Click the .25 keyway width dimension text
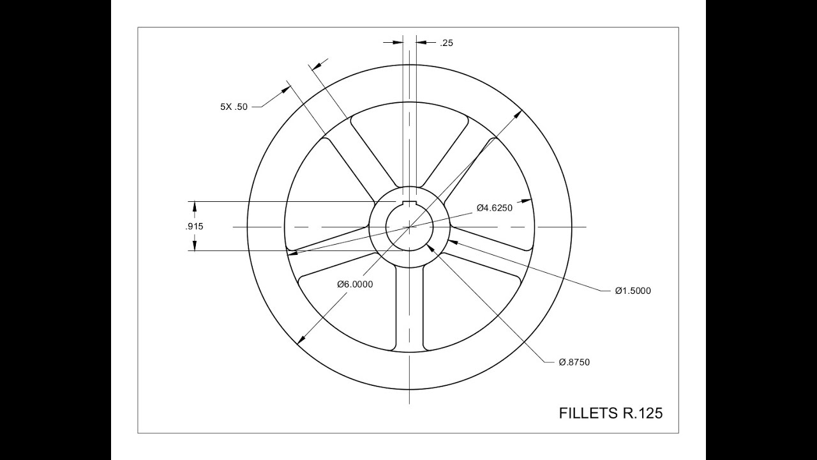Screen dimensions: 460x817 coord(446,43)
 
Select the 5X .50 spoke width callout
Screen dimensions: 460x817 coord(234,107)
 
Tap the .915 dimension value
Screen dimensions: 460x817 coord(194,227)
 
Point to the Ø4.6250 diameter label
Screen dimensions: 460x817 coord(494,208)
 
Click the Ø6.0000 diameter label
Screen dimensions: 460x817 coord(355,284)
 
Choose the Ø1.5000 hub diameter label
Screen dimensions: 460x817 coord(633,291)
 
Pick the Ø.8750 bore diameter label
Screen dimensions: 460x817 coord(574,362)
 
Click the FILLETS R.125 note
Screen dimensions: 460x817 coord(610,413)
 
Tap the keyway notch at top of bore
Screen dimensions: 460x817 coord(409,203)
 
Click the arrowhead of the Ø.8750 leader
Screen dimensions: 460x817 coord(430,247)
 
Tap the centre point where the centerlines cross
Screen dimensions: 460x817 coord(409,227)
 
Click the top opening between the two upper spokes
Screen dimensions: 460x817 coord(409,141)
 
